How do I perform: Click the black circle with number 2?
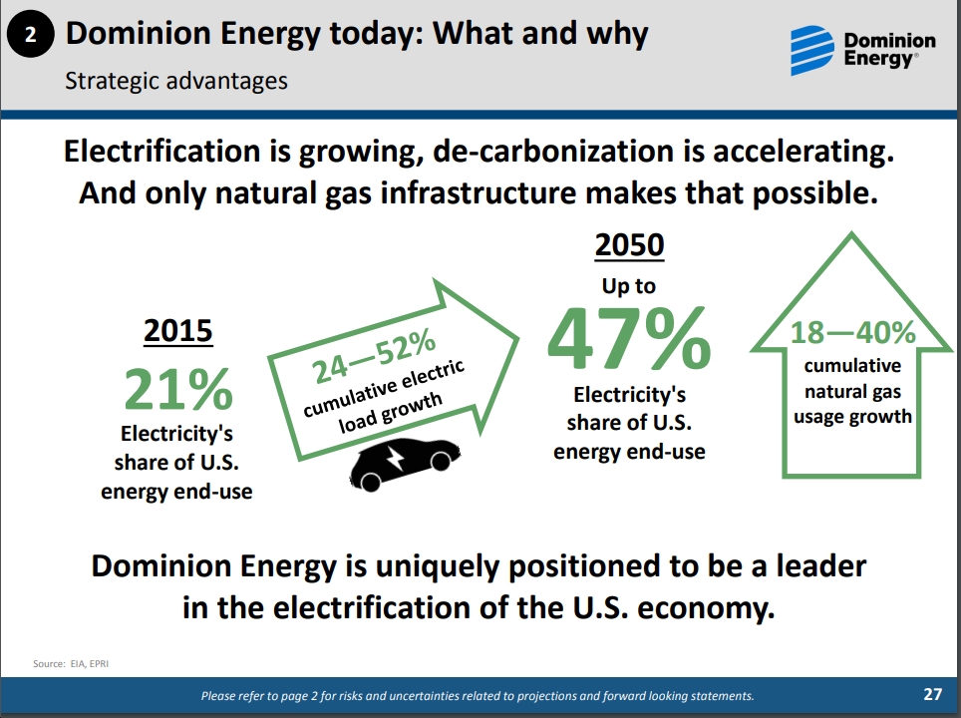pyautogui.click(x=30, y=34)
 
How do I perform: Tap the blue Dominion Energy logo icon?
pyautogui.click(x=812, y=50)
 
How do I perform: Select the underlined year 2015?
pyautogui.click(x=177, y=330)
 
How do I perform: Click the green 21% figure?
pyautogui.click(x=178, y=388)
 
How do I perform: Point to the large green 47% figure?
pyautogui.click(x=629, y=338)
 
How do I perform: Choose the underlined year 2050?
pyautogui.click(x=629, y=245)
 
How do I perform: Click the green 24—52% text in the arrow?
pyautogui.click(x=373, y=356)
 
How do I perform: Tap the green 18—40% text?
pyautogui.click(x=852, y=332)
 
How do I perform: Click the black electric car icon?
pyautogui.click(x=405, y=464)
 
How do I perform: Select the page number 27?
pyautogui.click(x=932, y=694)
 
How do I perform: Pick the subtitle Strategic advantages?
pyautogui.click(x=176, y=81)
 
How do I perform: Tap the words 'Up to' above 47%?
pyautogui.click(x=629, y=286)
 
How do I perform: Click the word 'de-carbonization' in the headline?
pyautogui.click(x=554, y=152)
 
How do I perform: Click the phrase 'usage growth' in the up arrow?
pyautogui.click(x=852, y=416)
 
